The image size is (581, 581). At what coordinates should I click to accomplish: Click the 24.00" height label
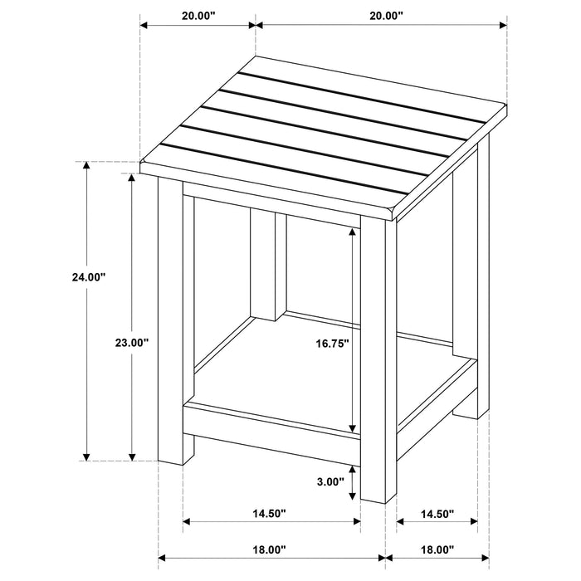pos(89,278)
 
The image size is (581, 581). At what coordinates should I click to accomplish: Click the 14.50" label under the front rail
pos(269,515)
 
